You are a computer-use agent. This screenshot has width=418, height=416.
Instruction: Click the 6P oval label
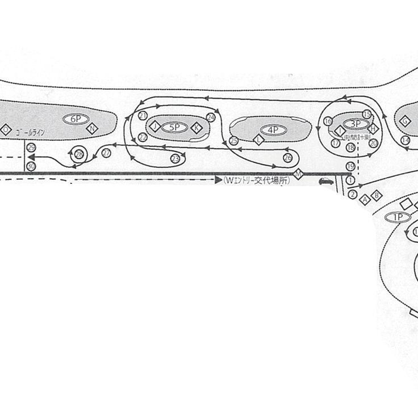click(x=76, y=119)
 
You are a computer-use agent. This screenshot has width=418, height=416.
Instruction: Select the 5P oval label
click(x=174, y=128)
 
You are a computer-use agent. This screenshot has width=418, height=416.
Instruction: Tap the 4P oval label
click(x=273, y=130)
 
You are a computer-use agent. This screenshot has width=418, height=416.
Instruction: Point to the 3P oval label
click(x=356, y=123)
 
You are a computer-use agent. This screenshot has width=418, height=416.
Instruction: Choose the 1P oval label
click(x=398, y=217)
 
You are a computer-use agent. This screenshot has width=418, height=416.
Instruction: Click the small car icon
click(x=326, y=182)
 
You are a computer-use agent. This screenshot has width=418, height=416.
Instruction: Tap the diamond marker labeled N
click(x=93, y=129)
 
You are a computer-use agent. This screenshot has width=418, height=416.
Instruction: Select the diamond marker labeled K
click(x=197, y=128)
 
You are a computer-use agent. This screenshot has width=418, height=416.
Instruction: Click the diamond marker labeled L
click(x=260, y=139)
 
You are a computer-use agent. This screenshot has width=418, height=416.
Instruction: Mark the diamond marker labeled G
click(x=405, y=121)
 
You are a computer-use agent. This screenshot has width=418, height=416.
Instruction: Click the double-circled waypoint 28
click(x=79, y=153)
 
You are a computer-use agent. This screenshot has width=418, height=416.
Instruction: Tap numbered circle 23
click(x=175, y=158)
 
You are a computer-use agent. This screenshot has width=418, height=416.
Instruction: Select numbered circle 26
click(x=288, y=157)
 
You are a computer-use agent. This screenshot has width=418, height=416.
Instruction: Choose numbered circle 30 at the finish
click(x=31, y=166)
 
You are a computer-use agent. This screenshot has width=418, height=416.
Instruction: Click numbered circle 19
click(x=350, y=166)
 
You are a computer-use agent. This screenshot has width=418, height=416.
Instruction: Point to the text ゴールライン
click(x=31, y=132)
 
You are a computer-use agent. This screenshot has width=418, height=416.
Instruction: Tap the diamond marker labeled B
click(x=375, y=196)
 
